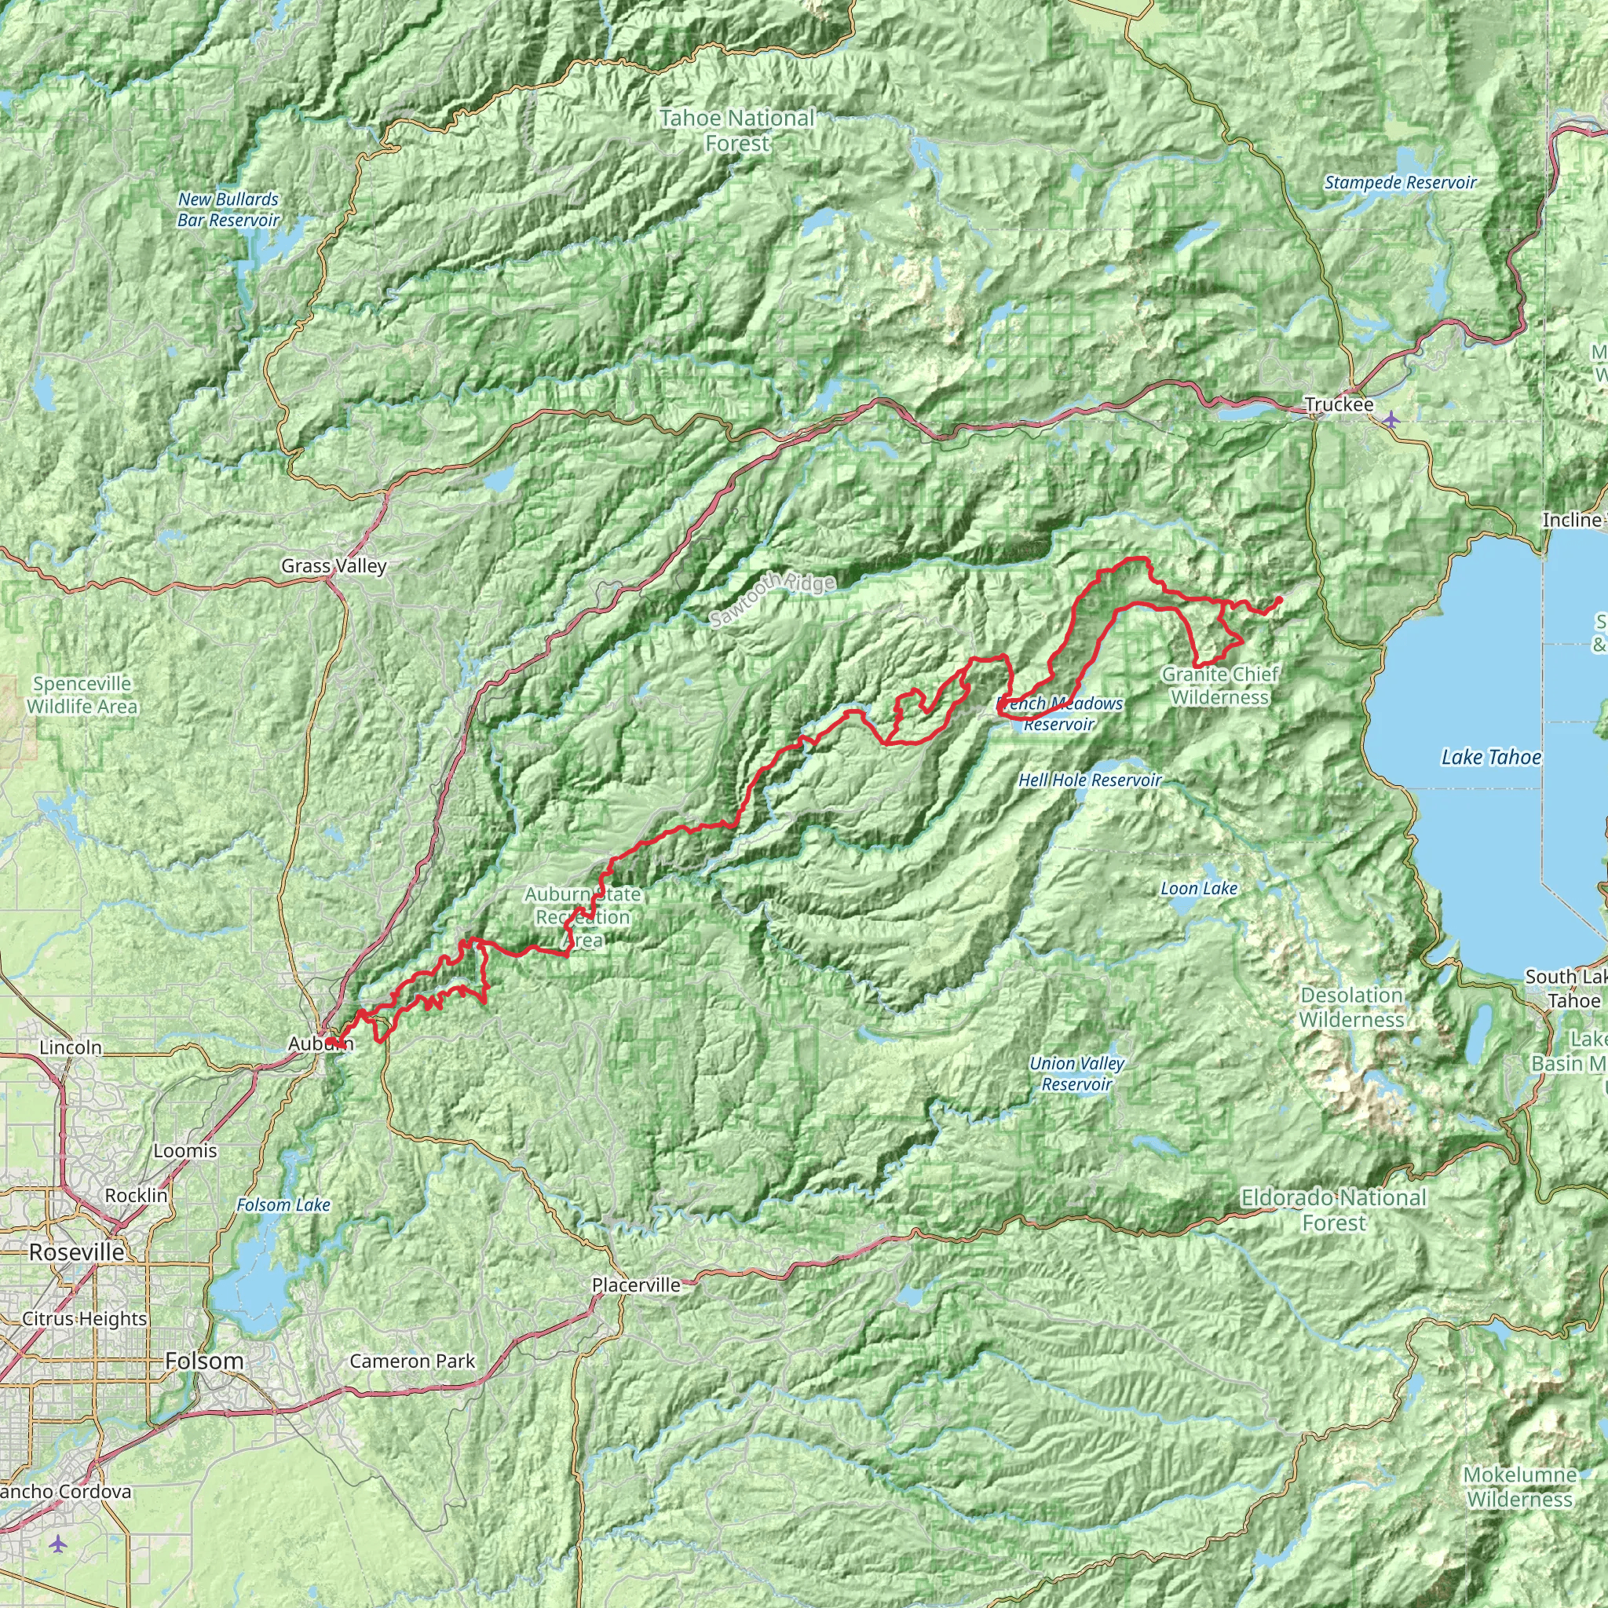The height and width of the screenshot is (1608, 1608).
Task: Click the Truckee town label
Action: pos(1339,404)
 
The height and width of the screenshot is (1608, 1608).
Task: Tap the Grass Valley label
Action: pos(334,566)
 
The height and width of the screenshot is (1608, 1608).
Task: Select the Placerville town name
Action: pos(636,1285)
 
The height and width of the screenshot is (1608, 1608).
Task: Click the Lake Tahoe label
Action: pos(1491,757)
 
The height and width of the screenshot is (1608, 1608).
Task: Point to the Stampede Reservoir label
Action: pos(1400,182)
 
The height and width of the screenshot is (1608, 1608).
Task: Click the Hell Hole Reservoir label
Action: pos(1090,780)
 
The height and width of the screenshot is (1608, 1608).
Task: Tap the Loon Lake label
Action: pos(1198,888)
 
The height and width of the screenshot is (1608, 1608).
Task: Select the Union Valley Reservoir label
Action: pos(1076,1073)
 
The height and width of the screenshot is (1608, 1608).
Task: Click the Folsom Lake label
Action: pos(283,1204)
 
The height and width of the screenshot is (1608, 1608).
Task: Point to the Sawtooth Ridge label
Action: pos(773,599)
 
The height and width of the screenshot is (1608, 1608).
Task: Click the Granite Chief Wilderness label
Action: pos(1220,685)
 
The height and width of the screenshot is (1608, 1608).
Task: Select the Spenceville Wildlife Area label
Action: pos(82,695)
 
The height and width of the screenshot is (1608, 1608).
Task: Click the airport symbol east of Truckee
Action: pos(1391,417)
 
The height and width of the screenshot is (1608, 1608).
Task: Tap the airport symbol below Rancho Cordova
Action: pos(57,1544)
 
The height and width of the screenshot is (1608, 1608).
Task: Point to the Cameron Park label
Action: pos(412,1361)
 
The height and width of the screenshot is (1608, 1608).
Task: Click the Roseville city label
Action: pos(77,1252)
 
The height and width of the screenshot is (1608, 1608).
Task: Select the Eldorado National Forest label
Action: pos(1333,1210)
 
